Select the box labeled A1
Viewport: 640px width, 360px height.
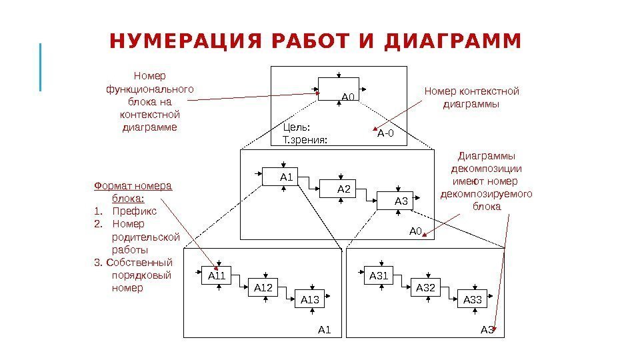click(x=279, y=177)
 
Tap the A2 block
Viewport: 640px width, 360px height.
click(x=337, y=190)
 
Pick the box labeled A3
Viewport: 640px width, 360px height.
click(x=395, y=201)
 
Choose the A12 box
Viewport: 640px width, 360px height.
click(x=265, y=287)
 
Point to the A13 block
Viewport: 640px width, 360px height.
click(x=312, y=299)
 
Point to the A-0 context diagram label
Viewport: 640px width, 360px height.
click(x=386, y=134)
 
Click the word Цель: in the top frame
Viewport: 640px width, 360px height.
click(x=297, y=127)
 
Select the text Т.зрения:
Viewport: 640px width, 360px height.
click(x=305, y=140)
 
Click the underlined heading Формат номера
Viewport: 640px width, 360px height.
click(x=133, y=185)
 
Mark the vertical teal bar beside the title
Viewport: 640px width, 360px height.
click(x=41, y=67)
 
